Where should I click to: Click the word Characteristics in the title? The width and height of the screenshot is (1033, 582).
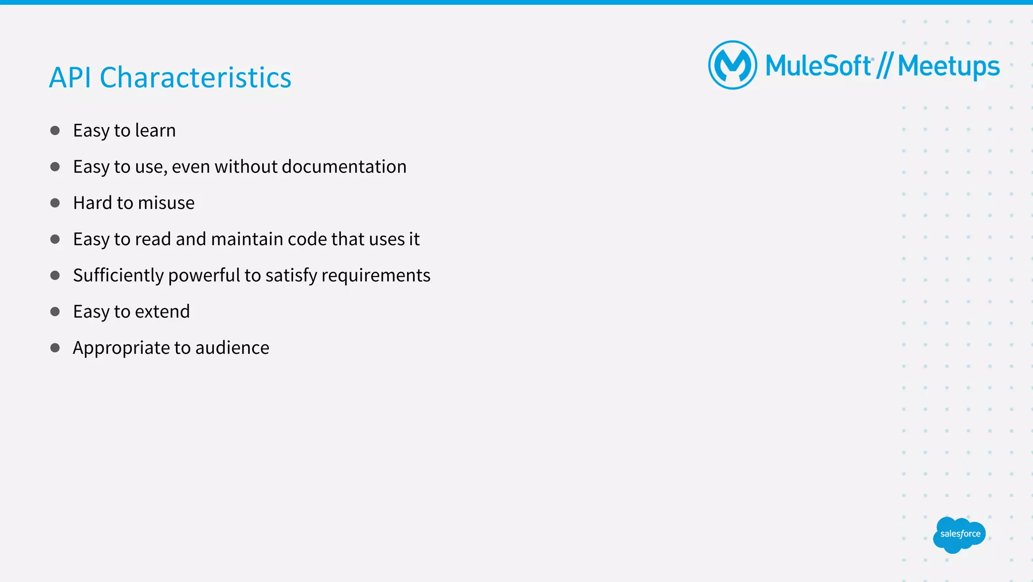pyautogui.click(x=195, y=78)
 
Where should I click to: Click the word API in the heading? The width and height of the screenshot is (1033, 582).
pyautogui.click(x=70, y=78)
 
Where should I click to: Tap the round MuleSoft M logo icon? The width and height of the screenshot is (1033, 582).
pyautogui.click(x=732, y=65)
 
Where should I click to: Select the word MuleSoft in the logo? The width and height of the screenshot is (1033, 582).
pyautogui.click(x=818, y=66)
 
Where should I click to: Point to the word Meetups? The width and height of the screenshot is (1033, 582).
pyautogui.click(x=948, y=67)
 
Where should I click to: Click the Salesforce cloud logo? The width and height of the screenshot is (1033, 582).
pyautogui.click(x=959, y=534)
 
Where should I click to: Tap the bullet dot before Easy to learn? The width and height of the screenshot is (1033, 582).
pyautogui.click(x=55, y=131)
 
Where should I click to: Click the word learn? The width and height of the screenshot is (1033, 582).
pyautogui.click(x=155, y=130)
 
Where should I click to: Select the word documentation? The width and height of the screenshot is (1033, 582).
pyautogui.click(x=344, y=167)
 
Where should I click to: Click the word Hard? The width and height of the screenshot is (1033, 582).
pyautogui.click(x=92, y=203)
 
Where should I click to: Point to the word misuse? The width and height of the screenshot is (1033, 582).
pyautogui.click(x=166, y=203)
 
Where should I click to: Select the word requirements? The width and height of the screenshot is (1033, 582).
pyautogui.click(x=375, y=276)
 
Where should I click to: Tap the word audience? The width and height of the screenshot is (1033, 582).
pyautogui.click(x=232, y=348)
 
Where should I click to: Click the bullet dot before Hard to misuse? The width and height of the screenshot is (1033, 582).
pyautogui.click(x=55, y=203)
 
